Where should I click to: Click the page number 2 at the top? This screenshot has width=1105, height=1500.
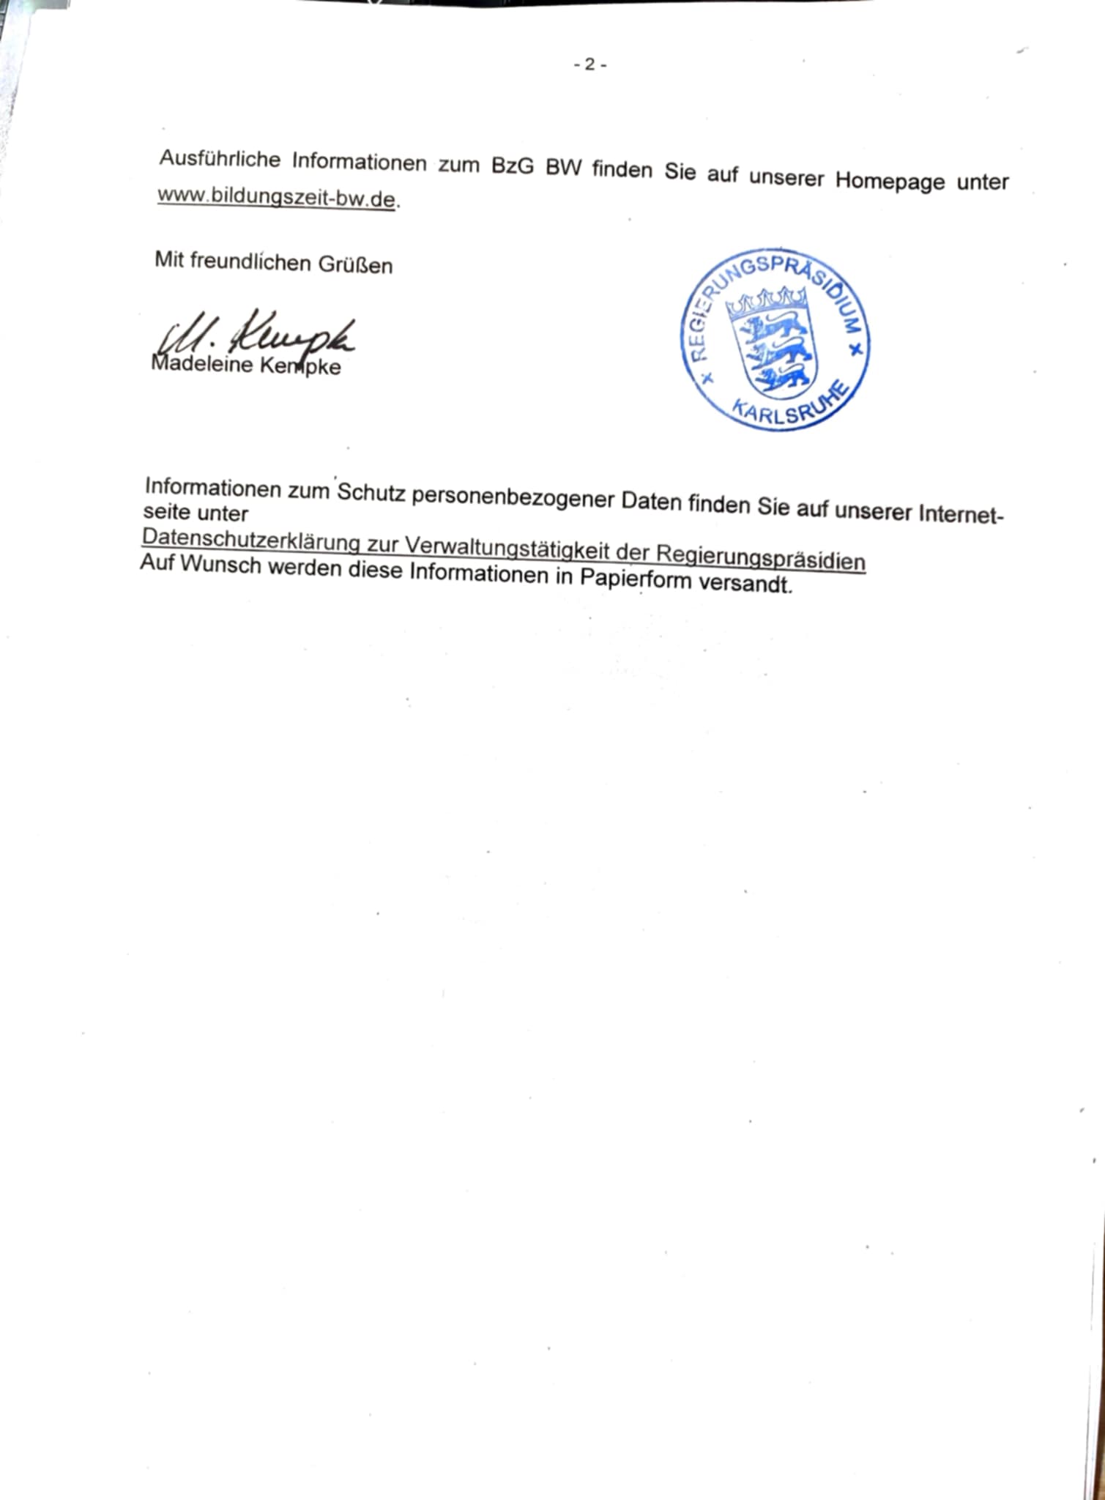click(589, 65)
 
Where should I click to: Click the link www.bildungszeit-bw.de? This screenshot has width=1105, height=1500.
click(277, 197)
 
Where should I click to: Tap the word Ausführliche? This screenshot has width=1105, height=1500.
click(220, 158)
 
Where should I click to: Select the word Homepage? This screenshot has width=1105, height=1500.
click(890, 180)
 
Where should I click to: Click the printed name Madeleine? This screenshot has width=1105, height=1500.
click(201, 364)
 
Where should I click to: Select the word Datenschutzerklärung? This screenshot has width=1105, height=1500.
click(260, 540)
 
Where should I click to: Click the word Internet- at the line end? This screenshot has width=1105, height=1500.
click(960, 513)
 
